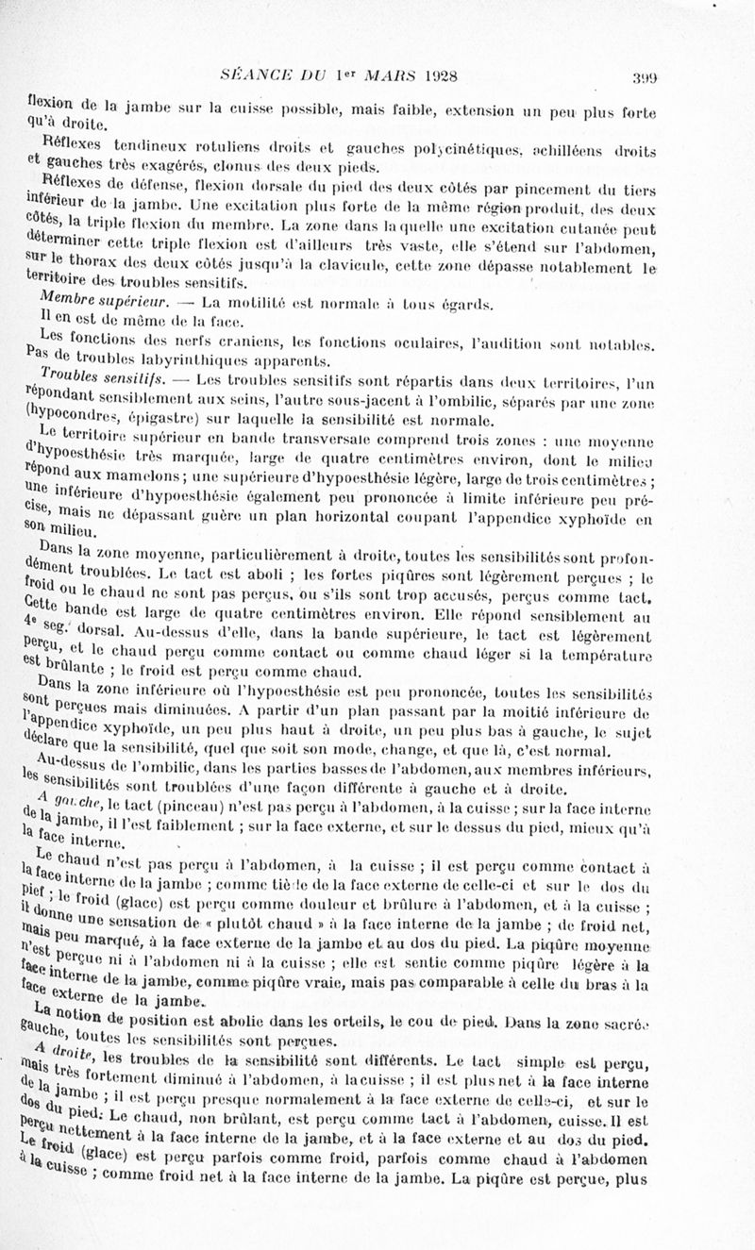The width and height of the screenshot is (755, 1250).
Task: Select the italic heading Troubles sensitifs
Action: [104, 379]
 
